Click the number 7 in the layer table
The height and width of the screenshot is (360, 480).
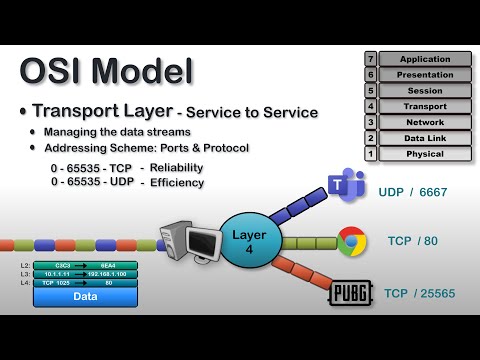(x=370, y=59)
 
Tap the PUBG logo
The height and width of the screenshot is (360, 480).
(x=350, y=294)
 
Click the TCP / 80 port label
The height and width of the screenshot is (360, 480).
(x=413, y=241)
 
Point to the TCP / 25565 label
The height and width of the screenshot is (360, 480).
(x=424, y=294)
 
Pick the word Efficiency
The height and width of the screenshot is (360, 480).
(x=178, y=182)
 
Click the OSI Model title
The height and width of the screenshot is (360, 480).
(x=106, y=71)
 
